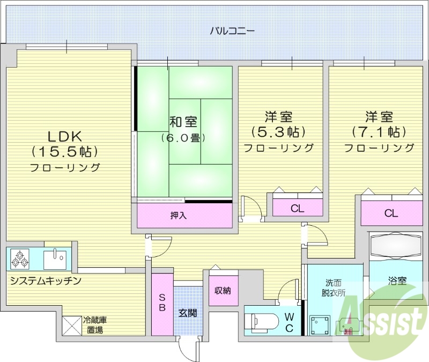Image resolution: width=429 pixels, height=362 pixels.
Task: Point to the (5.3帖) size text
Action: pos(278,131)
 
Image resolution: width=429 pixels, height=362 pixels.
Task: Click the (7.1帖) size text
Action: pos(379,131)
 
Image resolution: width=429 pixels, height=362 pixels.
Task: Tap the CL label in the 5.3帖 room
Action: pos(297,209)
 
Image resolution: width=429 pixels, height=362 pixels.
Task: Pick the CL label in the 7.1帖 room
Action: pos(391,213)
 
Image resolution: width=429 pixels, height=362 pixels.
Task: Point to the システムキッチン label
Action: pos(46,280)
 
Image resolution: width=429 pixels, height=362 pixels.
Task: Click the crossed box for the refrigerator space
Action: pos(71,324)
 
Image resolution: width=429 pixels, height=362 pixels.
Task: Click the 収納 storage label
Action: pos(223,291)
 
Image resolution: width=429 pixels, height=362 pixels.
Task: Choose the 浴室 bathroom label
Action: pos(397,280)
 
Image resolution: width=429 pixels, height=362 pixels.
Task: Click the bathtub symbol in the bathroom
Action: pos(397,246)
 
